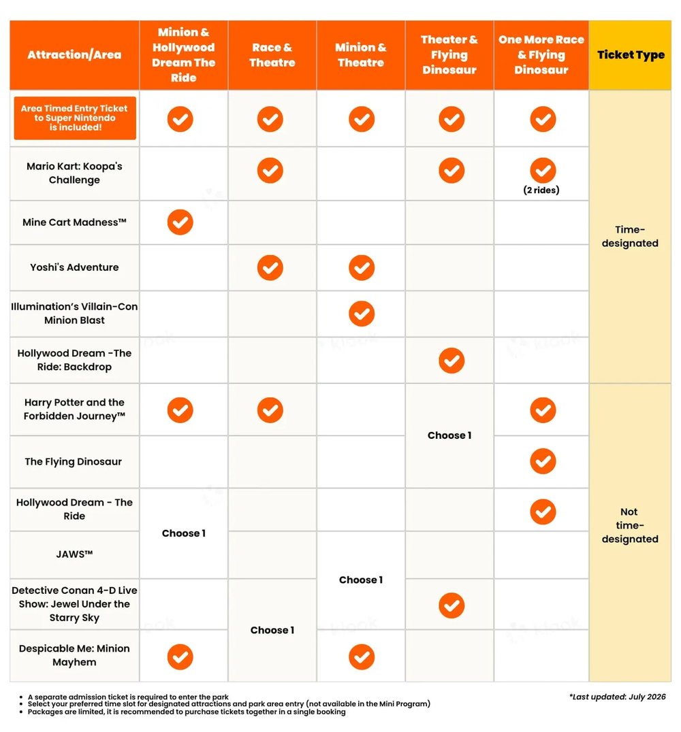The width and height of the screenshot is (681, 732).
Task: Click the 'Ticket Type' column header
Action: pos(631,54)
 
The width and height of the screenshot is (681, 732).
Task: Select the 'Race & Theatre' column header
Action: pos(272,54)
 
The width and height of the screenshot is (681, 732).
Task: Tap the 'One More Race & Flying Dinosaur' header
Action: pos(541,54)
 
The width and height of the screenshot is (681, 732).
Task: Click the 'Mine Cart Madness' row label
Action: pos(74,222)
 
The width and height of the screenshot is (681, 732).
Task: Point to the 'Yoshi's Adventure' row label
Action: pos(74,267)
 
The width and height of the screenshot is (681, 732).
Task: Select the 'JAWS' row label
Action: pos(74,554)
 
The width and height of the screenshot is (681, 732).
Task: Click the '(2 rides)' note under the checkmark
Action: pos(541,190)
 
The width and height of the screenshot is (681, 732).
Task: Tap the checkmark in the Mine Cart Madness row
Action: pos(180,222)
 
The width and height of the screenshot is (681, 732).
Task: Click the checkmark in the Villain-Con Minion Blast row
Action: pos(362,313)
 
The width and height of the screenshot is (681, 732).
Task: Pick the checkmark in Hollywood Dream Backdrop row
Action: pos(452,361)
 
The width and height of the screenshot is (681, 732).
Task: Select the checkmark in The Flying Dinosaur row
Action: pos(543,461)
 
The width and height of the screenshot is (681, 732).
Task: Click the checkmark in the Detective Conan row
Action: pos(452,605)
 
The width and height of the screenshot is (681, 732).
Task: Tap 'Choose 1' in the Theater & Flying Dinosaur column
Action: pos(449,435)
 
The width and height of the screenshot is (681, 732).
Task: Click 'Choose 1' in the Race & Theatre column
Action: pos(272,630)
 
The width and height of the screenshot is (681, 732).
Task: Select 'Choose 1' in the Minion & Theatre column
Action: pos(361,580)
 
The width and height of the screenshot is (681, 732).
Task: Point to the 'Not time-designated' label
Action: pos(630,525)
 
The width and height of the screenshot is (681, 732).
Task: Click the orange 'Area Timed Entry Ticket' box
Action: pos(75,118)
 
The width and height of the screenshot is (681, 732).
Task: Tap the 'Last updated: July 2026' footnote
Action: pos(618,697)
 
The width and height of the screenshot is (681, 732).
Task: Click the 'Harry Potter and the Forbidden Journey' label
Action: pos(74,409)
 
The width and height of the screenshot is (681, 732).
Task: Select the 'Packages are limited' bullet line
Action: pos(187,712)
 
